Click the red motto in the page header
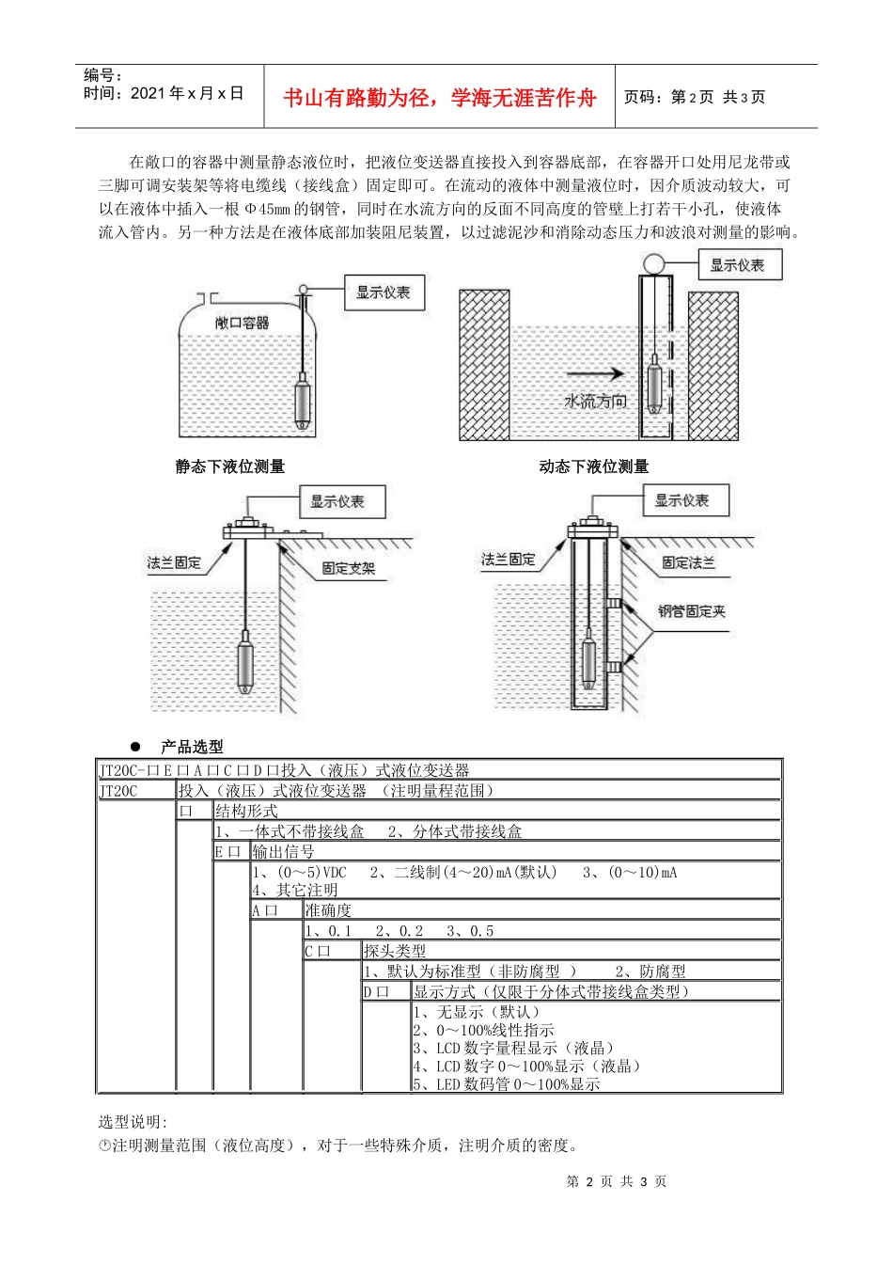click(439, 98)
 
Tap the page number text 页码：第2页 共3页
click(695, 97)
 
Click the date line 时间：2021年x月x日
click(164, 93)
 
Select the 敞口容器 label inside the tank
click(243, 323)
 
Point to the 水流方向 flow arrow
click(596, 372)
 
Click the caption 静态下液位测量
click(230, 466)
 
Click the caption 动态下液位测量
click(594, 466)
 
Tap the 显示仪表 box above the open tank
click(384, 292)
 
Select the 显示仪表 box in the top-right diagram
click(738, 265)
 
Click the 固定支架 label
click(349, 568)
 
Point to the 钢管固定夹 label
click(692, 611)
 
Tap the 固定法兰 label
click(688, 562)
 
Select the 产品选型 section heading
click(192, 747)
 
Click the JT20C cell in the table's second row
click(118, 791)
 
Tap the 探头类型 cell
click(395, 951)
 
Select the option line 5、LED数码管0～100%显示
click(506, 1084)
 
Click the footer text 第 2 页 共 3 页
click(617, 1181)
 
